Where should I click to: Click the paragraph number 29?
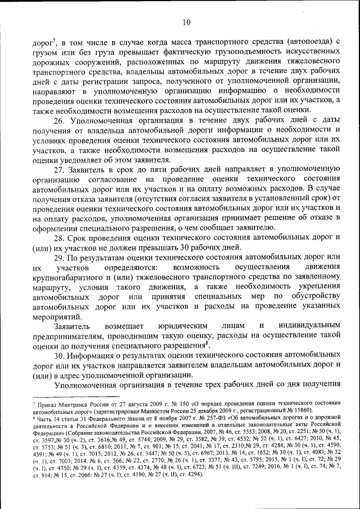pos(61,256)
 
